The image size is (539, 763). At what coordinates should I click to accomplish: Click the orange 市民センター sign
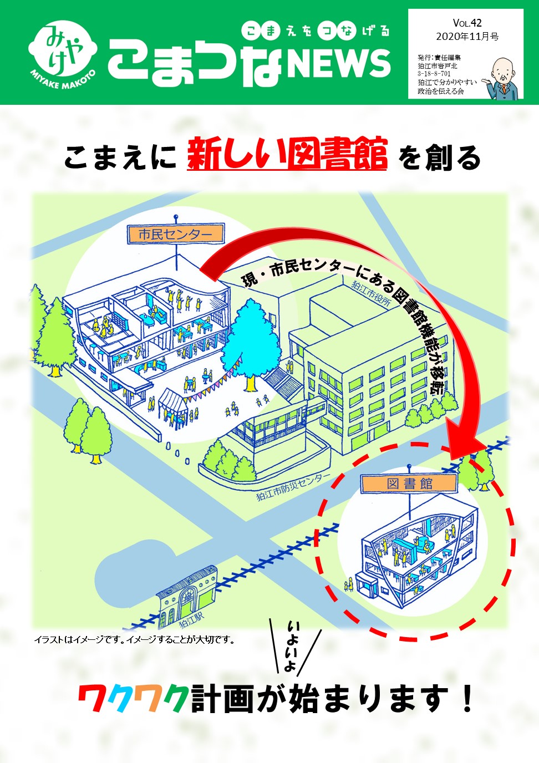175,235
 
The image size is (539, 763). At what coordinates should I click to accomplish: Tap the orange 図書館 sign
409,484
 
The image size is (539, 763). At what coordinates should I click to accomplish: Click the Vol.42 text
467,23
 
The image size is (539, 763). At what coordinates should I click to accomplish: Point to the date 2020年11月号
467,37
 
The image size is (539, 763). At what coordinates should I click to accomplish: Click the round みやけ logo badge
62,51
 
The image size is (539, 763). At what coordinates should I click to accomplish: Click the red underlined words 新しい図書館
287,154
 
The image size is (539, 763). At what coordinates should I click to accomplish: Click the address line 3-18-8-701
434,73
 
